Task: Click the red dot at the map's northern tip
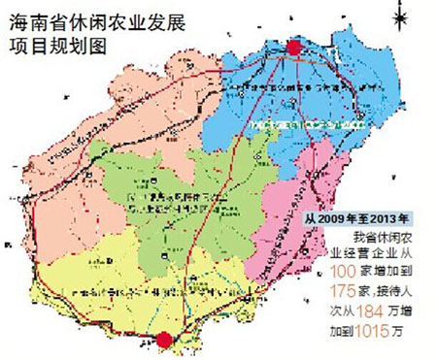(294, 48)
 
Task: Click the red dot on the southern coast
(166, 339)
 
